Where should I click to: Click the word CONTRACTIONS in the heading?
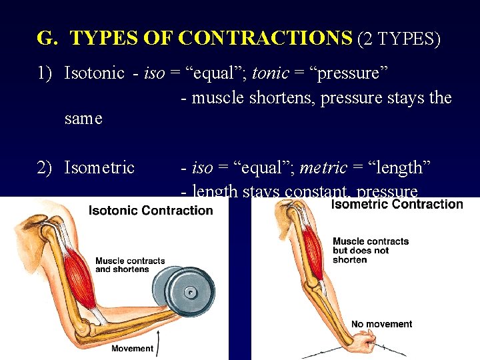(x=266, y=39)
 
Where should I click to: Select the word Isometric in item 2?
(x=99, y=167)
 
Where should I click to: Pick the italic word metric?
(x=323, y=167)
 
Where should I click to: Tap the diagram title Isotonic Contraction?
(x=151, y=211)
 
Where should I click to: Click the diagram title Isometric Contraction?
(x=397, y=203)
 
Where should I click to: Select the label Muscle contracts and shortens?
(x=129, y=265)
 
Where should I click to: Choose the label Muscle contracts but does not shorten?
(x=371, y=250)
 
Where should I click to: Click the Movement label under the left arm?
(x=132, y=348)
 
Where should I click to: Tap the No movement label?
(x=381, y=324)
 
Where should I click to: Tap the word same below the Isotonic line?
(x=83, y=119)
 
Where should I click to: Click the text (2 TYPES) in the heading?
(x=399, y=39)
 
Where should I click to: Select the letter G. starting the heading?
(x=47, y=39)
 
